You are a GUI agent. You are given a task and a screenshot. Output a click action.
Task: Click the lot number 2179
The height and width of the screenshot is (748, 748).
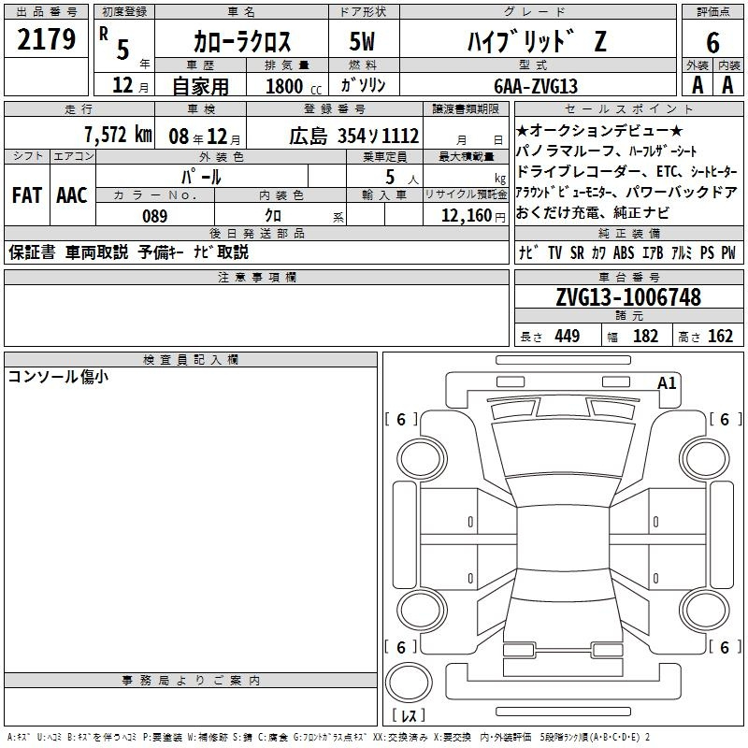tap(46, 39)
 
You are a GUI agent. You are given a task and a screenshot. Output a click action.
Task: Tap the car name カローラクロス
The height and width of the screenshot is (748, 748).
tap(241, 40)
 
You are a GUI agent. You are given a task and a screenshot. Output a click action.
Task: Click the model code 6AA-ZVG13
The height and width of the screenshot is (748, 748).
tap(535, 86)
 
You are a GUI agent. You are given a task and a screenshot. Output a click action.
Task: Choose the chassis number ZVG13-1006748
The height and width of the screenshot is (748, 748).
tap(628, 297)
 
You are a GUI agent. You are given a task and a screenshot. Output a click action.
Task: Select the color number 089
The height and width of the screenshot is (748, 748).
tap(155, 216)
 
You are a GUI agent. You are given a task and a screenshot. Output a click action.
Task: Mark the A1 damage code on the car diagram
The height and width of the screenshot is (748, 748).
tap(667, 382)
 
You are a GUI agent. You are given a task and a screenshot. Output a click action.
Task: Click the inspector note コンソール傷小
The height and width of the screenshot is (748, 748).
tap(58, 377)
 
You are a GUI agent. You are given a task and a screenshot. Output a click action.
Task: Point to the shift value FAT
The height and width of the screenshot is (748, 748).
tap(26, 195)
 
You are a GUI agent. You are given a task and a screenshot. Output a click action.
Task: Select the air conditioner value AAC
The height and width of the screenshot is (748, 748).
tap(71, 195)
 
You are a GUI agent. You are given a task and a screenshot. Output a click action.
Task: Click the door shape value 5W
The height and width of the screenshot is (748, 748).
tap(364, 40)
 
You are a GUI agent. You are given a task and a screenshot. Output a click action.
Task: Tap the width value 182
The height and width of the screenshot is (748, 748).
tap(646, 336)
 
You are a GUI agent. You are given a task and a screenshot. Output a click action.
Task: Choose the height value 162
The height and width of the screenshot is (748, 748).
tap(720, 336)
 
